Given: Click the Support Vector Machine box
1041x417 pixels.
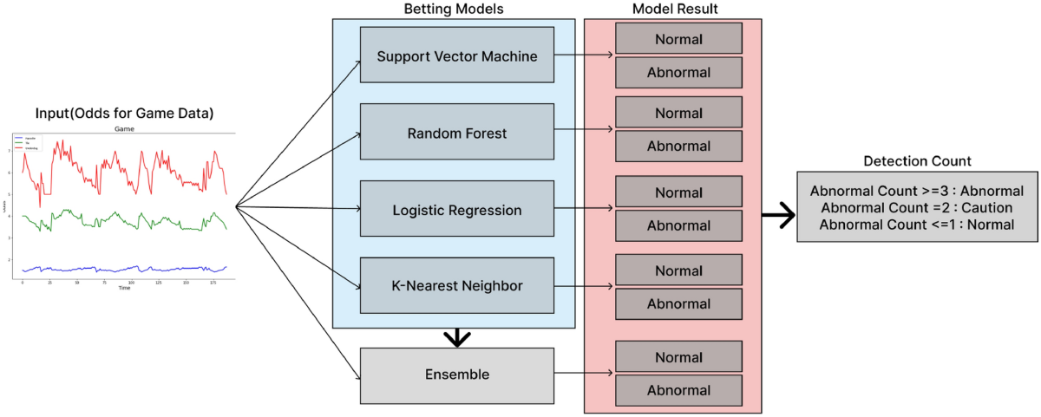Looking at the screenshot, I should click(457, 56).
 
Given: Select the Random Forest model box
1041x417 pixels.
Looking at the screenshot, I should click(457, 134).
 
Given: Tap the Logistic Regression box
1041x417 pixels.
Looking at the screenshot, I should click(457, 210).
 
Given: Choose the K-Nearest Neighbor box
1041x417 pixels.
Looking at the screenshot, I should click(457, 284).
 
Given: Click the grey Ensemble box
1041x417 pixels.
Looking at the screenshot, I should click(457, 375).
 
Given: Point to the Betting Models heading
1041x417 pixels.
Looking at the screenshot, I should click(454, 9).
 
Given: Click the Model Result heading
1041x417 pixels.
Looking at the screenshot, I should click(673, 9).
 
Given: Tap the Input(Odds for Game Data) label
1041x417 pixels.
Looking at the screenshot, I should click(125, 114).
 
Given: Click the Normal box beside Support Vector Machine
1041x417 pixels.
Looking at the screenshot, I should click(678, 39).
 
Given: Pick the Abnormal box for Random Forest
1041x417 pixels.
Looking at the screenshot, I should click(678, 147).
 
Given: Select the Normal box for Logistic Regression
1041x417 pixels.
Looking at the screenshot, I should click(678, 192).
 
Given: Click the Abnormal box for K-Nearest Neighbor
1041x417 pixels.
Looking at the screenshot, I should click(678, 303).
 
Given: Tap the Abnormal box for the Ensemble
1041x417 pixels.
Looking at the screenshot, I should click(678, 390).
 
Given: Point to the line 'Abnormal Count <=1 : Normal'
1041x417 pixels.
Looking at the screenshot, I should click(917, 224).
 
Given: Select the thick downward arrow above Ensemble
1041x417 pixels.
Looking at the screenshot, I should click(454, 336).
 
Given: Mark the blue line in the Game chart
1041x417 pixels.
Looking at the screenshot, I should click(121, 269).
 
